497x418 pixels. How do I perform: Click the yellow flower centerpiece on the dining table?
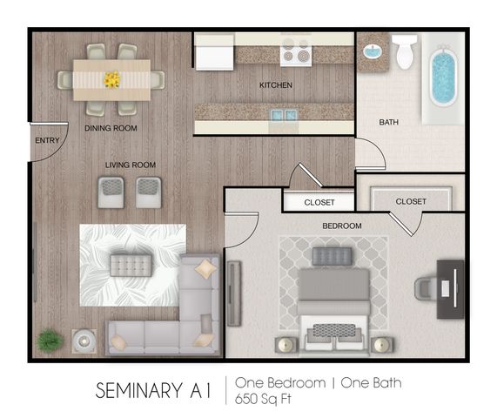(x=112, y=79)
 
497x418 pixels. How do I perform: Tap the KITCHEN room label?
(x=276, y=85)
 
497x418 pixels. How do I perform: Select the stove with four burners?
(x=296, y=52)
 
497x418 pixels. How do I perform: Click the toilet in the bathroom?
(x=405, y=52)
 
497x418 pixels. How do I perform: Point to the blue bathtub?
(x=443, y=77)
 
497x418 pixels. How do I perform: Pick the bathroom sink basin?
(x=373, y=51)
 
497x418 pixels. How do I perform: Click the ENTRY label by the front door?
(x=47, y=140)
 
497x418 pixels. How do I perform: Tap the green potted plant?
(x=50, y=340)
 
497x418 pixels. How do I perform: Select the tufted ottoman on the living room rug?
(x=131, y=265)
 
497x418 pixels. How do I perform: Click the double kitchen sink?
(x=284, y=115)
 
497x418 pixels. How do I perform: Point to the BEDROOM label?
(x=342, y=226)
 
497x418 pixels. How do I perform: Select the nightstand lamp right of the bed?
(x=382, y=345)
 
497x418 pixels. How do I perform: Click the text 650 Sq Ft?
(x=263, y=399)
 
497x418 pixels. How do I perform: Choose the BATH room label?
(x=389, y=122)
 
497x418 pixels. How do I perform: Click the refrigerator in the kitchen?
(x=215, y=52)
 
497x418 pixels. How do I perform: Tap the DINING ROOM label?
(x=111, y=128)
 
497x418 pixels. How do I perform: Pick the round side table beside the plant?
(x=84, y=341)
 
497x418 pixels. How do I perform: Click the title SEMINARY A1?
(x=153, y=390)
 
